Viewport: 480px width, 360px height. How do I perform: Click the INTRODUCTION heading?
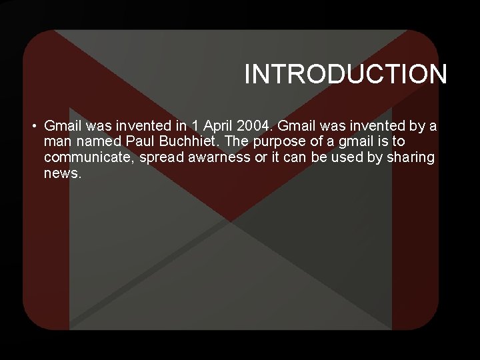[345, 74]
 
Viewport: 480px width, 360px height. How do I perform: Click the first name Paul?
[139, 141]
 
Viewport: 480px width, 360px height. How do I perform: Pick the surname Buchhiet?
[189, 141]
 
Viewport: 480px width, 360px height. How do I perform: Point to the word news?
[63, 173]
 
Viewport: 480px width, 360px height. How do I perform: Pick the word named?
[98, 141]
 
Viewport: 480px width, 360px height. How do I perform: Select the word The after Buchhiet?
[242, 141]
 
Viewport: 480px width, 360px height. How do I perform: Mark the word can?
[293, 157]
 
